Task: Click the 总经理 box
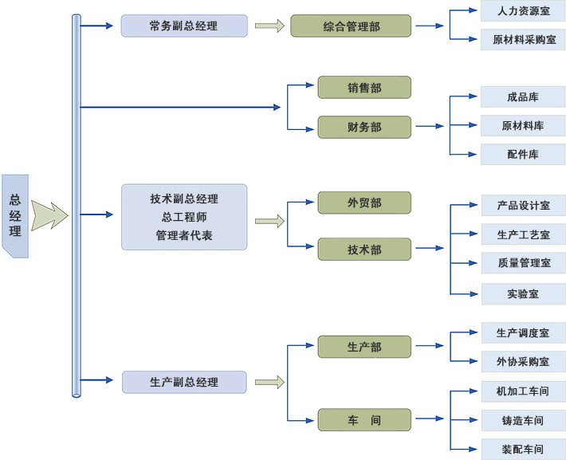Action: pos(15,216)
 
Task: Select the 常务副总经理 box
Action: pos(183,26)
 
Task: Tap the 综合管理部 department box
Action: pos(351,26)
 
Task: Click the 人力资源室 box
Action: pos(523,10)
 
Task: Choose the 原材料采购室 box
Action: pos(523,39)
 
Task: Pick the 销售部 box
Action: pos(364,88)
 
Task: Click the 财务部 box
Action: pos(364,127)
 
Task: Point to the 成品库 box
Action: pos(523,97)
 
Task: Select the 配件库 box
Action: pos(523,155)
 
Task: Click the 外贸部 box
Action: pos(364,202)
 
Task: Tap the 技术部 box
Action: pos(364,250)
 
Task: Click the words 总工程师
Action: pos(183,217)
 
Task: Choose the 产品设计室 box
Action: pos(523,205)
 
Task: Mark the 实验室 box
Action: pos(523,294)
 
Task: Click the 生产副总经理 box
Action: pos(183,382)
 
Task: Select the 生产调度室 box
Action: pos(523,332)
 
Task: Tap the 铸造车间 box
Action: pos(523,420)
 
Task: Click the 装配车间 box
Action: pos(523,449)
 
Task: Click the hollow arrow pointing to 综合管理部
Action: pos(269,26)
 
